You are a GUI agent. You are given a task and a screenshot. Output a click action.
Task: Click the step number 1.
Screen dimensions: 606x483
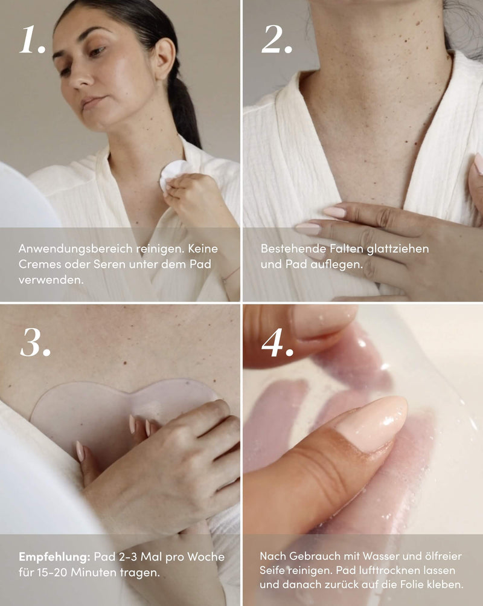pyautogui.click(x=33, y=40)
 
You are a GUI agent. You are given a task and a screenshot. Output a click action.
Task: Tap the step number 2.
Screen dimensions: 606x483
pyautogui.click(x=277, y=40)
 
